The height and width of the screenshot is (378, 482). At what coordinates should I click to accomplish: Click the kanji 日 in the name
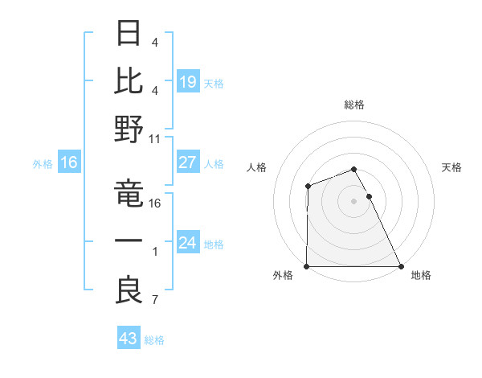(129, 35)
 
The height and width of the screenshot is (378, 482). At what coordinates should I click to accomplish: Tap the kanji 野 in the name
(129, 130)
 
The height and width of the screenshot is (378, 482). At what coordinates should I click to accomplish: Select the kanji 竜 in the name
(129, 195)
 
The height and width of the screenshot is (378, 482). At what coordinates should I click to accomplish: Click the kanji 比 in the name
(129, 82)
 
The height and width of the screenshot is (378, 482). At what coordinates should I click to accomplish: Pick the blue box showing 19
(188, 81)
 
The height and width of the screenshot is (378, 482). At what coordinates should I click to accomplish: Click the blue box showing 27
(188, 162)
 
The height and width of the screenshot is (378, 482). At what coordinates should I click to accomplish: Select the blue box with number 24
(188, 243)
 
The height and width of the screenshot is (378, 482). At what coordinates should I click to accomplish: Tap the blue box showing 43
(129, 339)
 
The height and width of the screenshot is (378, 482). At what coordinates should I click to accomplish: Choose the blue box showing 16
(69, 162)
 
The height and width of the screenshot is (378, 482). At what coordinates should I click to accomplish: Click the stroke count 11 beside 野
(156, 138)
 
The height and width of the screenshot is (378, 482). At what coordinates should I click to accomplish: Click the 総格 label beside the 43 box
(154, 340)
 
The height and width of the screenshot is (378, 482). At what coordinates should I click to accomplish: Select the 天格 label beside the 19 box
(214, 83)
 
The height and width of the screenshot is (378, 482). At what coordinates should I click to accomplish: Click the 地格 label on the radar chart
(421, 275)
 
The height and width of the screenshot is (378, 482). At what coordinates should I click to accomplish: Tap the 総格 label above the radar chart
(354, 105)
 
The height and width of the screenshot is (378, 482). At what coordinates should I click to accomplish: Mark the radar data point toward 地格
(401, 266)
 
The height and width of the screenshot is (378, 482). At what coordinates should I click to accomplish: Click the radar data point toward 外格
(307, 266)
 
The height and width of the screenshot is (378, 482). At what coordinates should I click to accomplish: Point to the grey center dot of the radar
(354, 200)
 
